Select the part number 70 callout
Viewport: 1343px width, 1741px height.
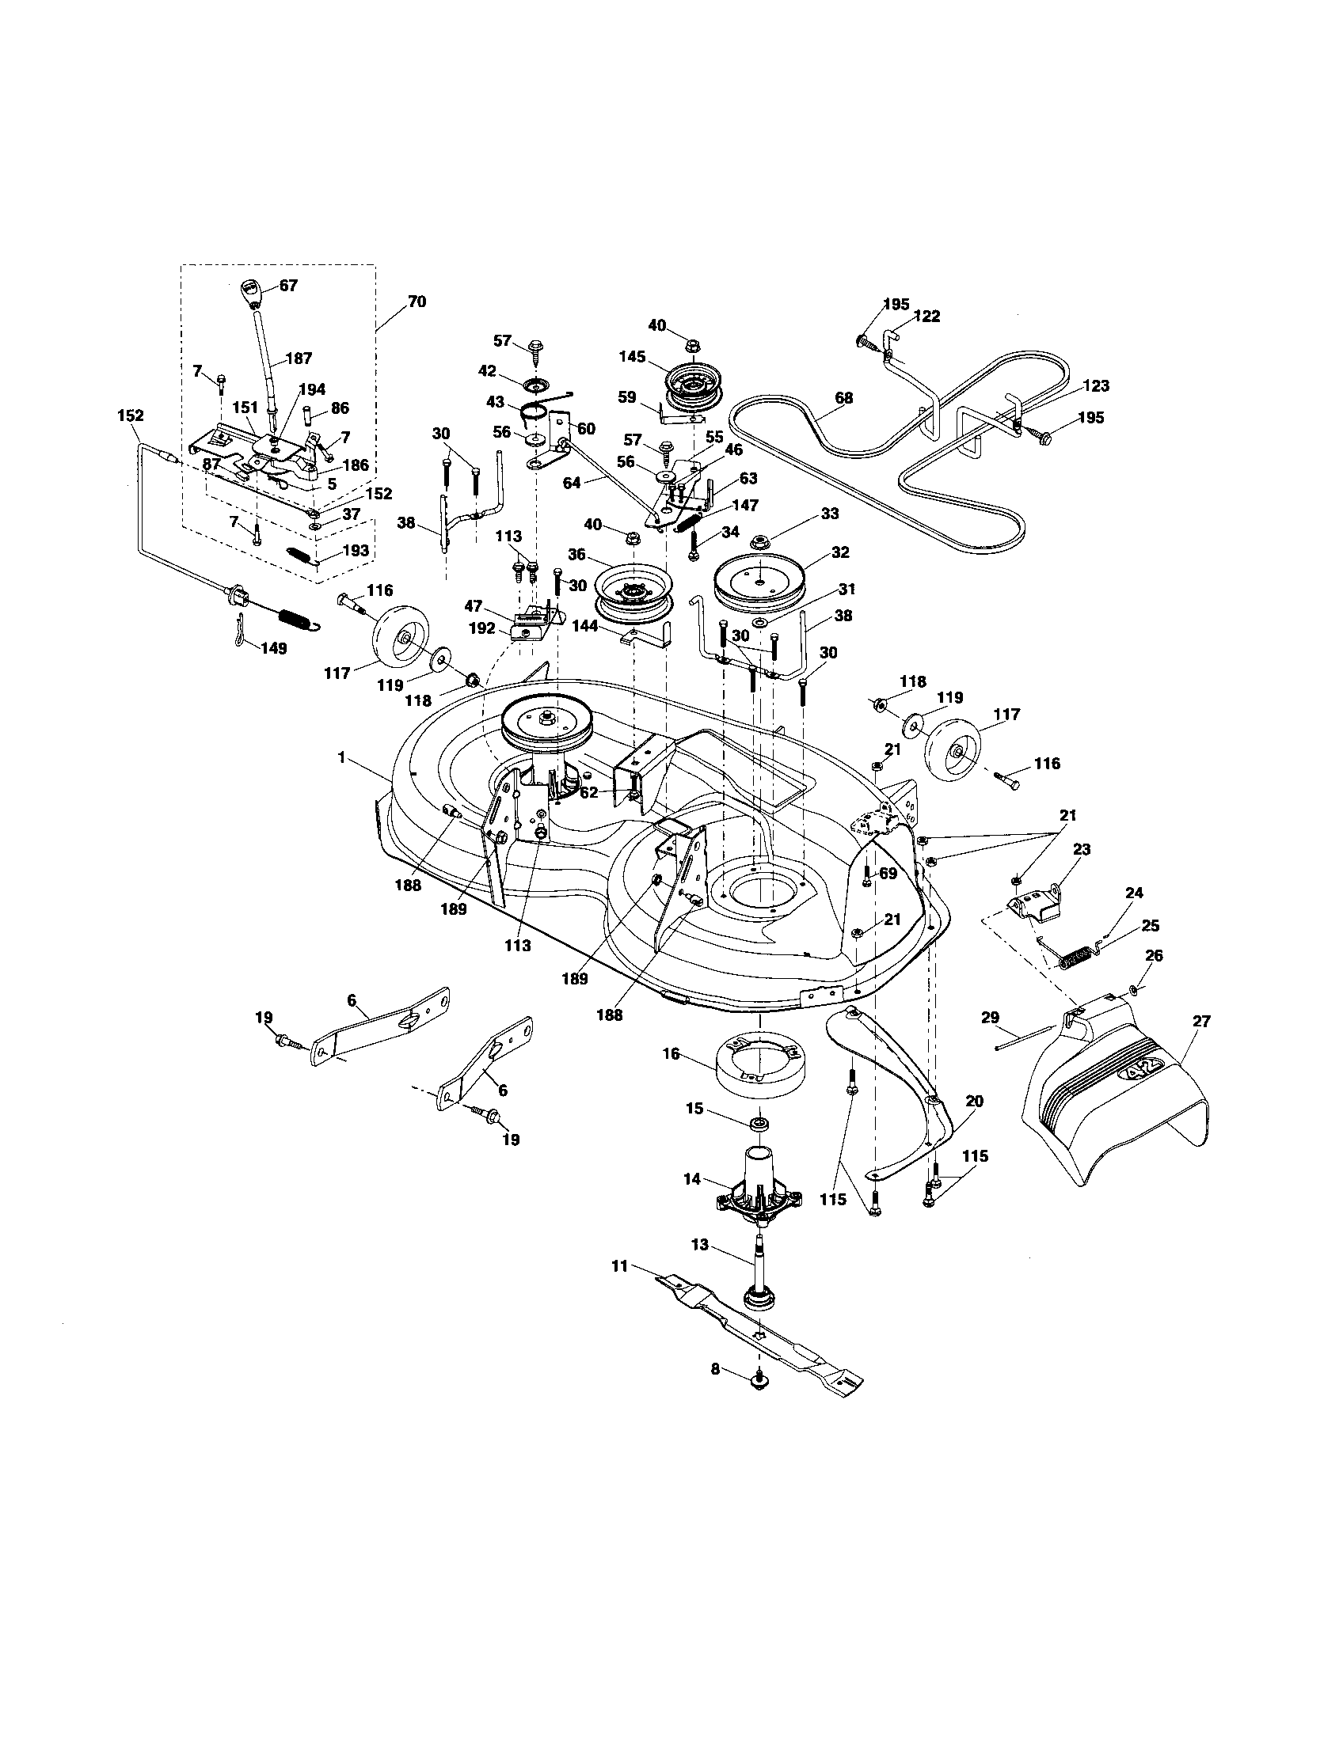(417, 302)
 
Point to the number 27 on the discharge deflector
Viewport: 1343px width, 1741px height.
(1200, 1022)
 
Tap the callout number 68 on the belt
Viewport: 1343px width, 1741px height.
(843, 398)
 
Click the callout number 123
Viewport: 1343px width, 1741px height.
(1096, 386)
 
